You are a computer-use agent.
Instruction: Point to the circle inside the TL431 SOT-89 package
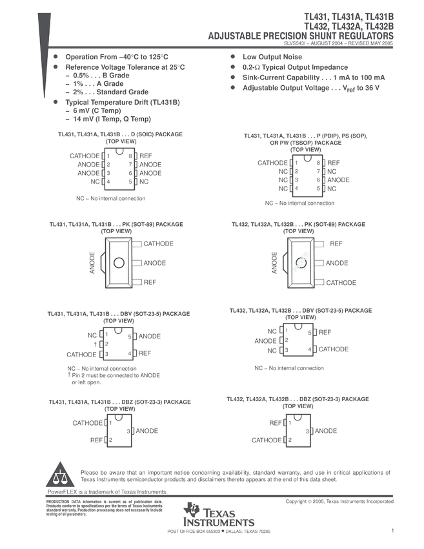pos(119,263)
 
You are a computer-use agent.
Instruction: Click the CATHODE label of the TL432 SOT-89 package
pos(341,283)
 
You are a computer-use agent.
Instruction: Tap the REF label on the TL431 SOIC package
pos(146,156)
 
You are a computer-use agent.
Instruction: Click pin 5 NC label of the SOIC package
pos(144,182)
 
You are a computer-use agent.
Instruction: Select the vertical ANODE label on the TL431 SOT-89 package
pos(92,264)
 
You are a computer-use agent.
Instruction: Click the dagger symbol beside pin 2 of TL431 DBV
pos(95,344)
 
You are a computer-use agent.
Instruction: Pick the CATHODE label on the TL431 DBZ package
pos(87,423)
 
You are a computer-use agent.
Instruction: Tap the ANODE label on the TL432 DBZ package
pos(326,431)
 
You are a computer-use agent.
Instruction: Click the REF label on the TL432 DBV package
pos(325,332)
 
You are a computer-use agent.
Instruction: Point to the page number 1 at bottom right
pos(392,531)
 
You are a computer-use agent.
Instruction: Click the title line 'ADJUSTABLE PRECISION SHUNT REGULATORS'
pos(300,36)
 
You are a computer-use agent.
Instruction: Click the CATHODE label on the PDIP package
pos(272,163)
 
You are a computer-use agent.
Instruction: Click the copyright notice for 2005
pos(339,501)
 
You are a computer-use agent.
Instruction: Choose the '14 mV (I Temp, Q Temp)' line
pos(112,119)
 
